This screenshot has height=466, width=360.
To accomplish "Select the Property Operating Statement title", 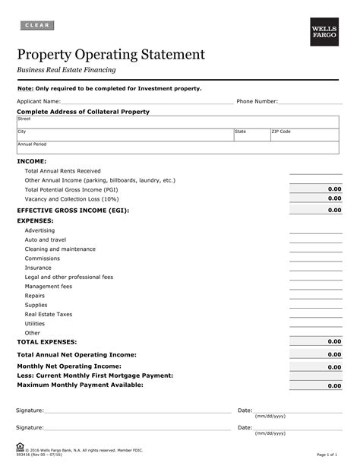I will [111, 55].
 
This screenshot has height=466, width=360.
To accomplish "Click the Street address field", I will [178, 122].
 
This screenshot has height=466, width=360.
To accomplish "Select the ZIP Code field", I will [304, 135].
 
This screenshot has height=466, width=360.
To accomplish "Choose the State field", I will [251, 135].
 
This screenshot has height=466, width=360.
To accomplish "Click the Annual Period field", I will [178, 147].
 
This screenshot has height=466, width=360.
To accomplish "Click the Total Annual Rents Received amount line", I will [315, 171].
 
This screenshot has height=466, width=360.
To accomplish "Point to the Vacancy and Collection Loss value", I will [315, 198].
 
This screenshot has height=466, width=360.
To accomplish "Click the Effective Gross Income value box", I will [315, 211].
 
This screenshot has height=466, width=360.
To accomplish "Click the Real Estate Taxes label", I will [49, 313].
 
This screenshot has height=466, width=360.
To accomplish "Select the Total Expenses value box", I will [315, 342].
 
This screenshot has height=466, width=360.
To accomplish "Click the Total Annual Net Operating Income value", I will [315, 354].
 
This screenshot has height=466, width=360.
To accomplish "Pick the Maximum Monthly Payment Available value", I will [315, 386].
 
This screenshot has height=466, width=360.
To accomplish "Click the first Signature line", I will [137, 411].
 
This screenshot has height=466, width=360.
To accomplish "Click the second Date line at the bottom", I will [296, 428].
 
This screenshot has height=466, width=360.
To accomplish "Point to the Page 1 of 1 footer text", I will [327, 455].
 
